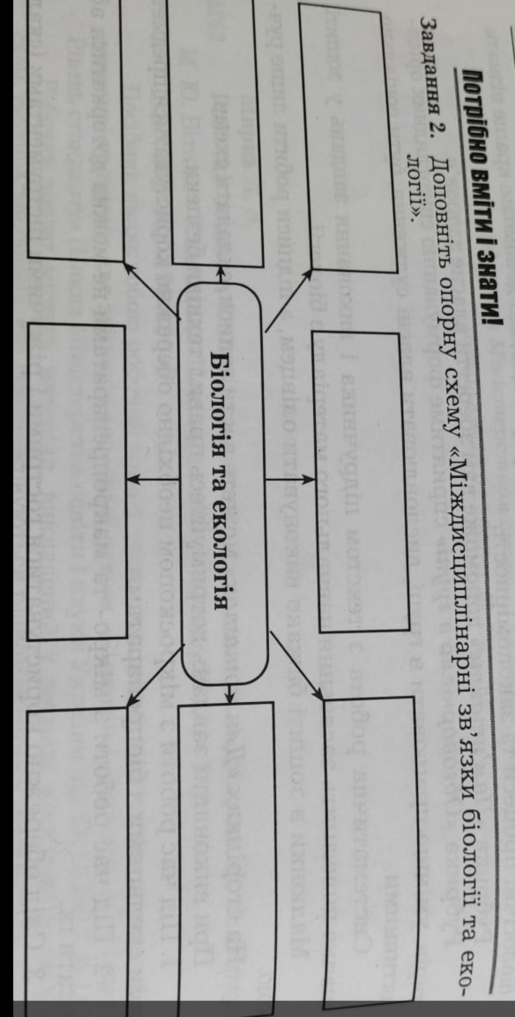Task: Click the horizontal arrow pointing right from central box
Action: (291, 479)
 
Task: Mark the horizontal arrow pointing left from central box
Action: (153, 478)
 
